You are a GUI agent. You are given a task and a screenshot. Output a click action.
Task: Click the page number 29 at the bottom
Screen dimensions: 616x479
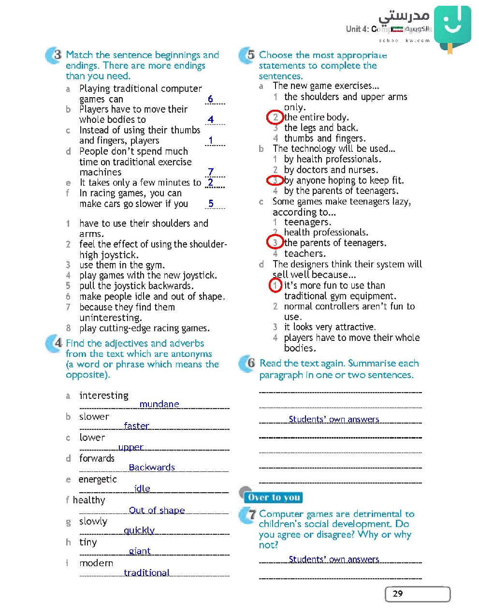[x=398, y=594]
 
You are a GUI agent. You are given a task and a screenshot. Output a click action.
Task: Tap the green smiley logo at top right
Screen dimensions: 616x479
[x=452, y=26]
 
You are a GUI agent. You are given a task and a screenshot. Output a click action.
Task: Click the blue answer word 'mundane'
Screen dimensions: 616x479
[x=159, y=404]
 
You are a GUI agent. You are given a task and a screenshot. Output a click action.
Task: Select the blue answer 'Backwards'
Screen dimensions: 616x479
[x=152, y=467]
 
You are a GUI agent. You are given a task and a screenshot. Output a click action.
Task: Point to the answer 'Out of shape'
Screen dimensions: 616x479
[x=157, y=510]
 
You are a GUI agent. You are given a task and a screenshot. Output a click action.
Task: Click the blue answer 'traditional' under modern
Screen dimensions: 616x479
[x=146, y=572]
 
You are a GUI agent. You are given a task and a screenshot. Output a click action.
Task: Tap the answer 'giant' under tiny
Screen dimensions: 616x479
[x=140, y=551]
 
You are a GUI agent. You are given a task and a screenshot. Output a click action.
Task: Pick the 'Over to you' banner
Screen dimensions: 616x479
[x=274, y=498]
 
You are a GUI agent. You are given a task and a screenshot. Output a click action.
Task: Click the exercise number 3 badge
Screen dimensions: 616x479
[x=55, y=55]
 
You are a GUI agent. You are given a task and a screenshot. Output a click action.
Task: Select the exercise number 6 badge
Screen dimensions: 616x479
[x=248, y=363]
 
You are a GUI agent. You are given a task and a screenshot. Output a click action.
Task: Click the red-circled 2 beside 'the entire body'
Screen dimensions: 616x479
[x=275, y=117]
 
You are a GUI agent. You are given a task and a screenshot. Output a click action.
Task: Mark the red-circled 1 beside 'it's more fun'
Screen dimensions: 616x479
[x=275, y=285]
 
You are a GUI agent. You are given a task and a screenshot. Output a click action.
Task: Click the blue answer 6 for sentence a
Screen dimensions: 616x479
[x=210, y=99]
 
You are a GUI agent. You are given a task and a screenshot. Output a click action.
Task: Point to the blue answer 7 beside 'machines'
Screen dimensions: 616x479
[x=211, y=172]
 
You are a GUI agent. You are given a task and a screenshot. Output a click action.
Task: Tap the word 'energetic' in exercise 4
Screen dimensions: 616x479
[x=98, y=479]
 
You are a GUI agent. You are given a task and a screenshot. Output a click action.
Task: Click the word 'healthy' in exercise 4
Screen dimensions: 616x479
[x=89, y=500]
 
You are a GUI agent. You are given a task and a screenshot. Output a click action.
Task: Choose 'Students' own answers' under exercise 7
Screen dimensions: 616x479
[x=334, y=559]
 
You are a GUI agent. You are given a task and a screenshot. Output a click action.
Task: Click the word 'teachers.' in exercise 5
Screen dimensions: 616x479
[x=305, y=253]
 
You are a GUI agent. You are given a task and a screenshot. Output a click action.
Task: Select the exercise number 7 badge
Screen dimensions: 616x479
[x=248, y=515]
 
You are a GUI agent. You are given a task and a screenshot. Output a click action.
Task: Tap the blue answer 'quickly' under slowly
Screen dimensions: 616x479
[x=139, y=530]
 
